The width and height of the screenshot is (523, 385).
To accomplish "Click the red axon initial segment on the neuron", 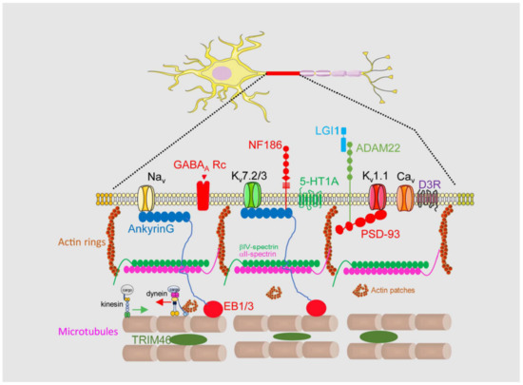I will [x=282, y=72].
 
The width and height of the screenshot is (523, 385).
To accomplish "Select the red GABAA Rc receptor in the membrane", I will [x=201, y=196].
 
